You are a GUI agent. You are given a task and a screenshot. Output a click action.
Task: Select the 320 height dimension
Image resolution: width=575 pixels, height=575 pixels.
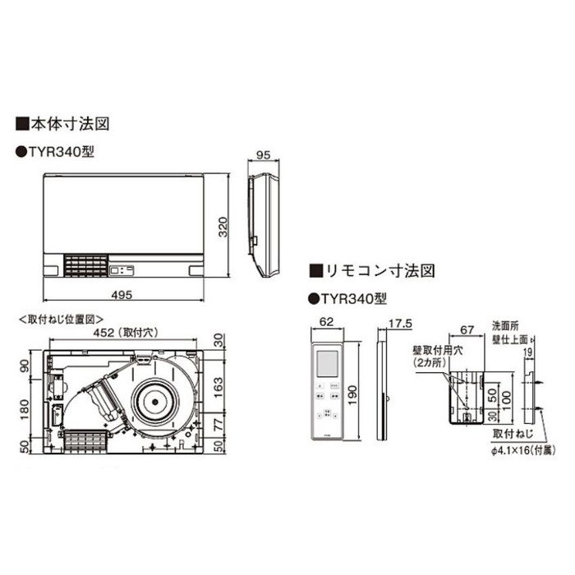tap(222, 227)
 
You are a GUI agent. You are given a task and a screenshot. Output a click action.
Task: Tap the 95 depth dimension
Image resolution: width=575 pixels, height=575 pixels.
tap(263, 155)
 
